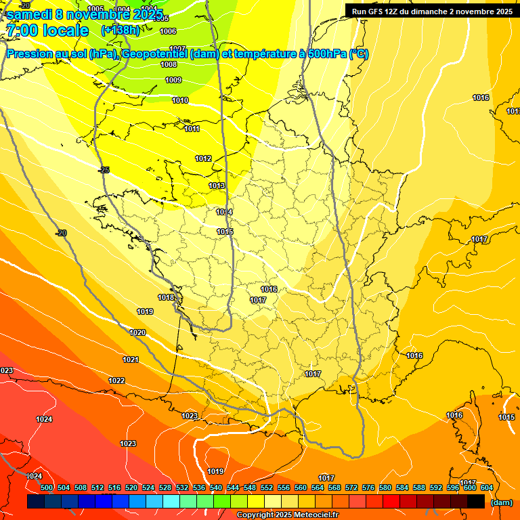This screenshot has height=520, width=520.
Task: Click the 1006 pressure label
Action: coord(168,31)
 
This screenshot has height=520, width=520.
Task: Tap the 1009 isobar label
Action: coord(173,80)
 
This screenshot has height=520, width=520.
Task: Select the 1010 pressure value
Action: coord(180,100)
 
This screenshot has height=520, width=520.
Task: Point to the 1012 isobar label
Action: coord(203,158)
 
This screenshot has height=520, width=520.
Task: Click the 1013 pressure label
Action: coord(217,186)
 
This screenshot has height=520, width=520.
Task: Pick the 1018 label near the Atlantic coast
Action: coord(166,297)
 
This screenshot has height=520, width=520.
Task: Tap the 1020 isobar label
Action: coord(137,332)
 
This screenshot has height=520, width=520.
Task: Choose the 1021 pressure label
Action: coord(131,360)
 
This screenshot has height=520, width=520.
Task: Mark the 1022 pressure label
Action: coord(116,381)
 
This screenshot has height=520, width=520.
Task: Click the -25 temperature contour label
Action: coord(104,170)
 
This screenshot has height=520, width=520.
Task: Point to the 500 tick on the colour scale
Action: coord(47,487)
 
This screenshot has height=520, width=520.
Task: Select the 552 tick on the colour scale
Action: coord(266,487)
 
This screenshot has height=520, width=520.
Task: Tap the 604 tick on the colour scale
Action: coord(487,487)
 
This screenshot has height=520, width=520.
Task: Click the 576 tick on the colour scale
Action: coord(368,487)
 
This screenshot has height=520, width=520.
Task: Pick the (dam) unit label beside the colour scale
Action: coord(501,502)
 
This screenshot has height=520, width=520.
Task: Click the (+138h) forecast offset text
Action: coord(121,30)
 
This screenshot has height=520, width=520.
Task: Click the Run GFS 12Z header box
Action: coord(431,11)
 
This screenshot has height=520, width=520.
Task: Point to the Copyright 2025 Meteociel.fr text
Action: coord(287,515)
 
